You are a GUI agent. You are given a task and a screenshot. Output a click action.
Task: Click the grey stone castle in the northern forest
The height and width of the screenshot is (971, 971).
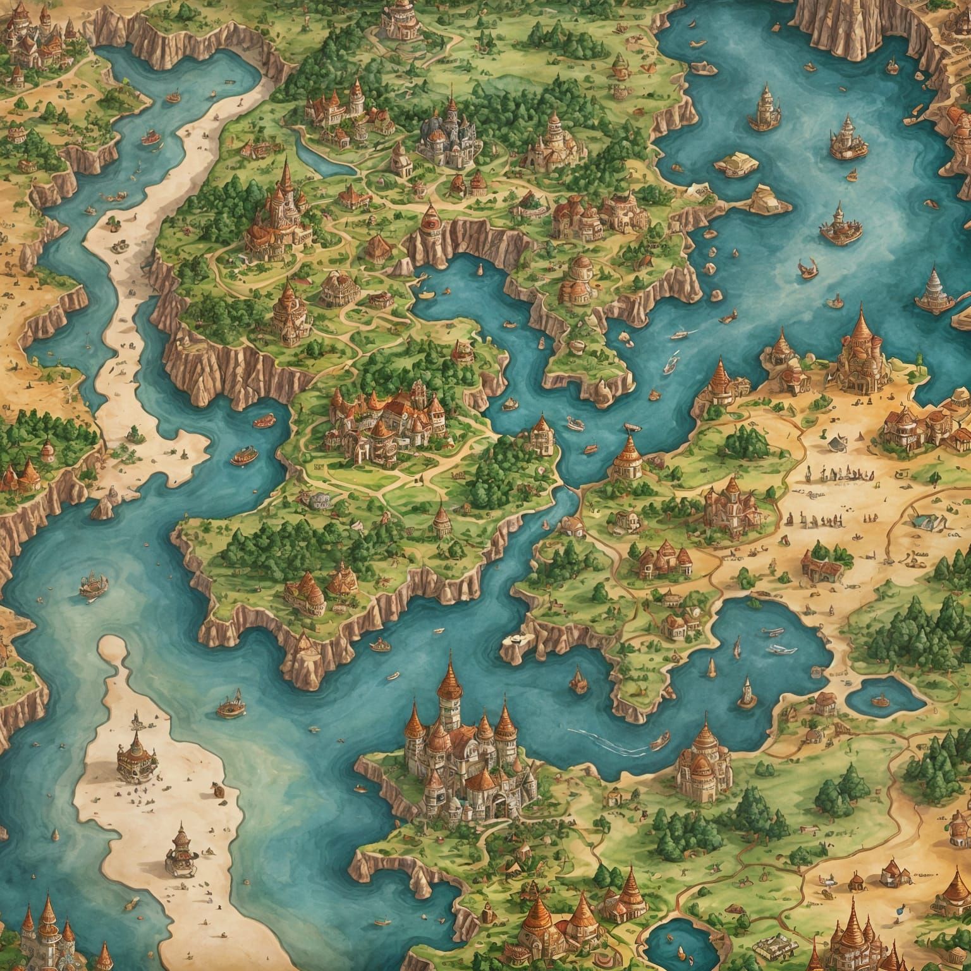click(x=450, y=134)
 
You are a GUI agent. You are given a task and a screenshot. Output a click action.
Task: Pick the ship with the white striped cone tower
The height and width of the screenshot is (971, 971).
click(x=936, y=288)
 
